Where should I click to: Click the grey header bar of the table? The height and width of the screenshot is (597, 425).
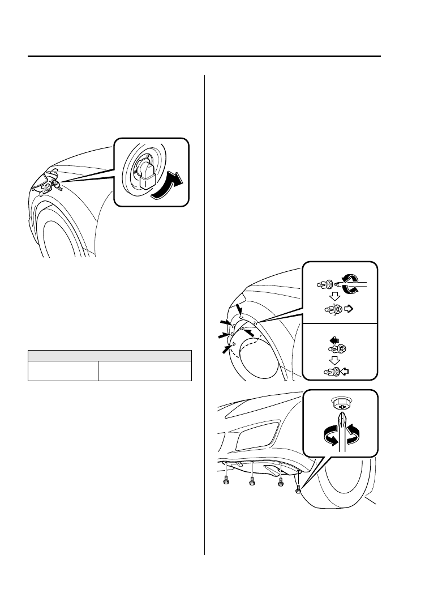pos(110,355)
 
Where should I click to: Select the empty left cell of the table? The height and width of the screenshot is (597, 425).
pos(62,371)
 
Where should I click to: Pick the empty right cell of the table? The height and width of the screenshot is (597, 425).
pos(144,371)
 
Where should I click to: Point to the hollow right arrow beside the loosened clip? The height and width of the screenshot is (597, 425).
pos(349,309)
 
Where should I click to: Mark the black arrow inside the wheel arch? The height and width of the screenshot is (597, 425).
pos(247,331)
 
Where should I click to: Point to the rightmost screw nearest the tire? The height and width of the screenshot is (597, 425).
pos(298,488)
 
